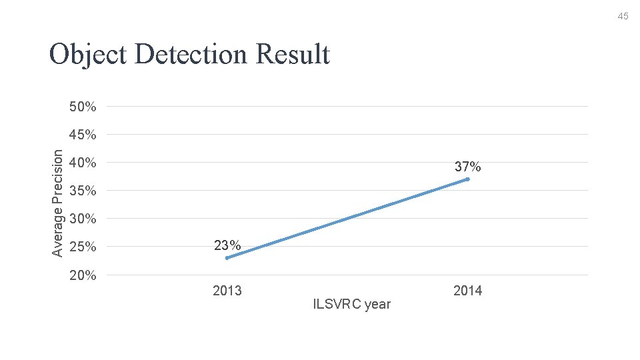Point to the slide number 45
[x=623, y=16]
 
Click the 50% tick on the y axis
[x=83, y=107]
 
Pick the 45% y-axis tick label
[x=83, y=135]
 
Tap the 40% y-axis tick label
[x=83, y=163]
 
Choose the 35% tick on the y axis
[x=83, y=191]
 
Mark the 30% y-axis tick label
[x=83, y=219]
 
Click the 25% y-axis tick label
[x=83, y=247]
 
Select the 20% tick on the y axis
[x=83, y=275]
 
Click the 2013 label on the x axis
[x=227, y=291]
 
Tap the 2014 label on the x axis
[x=467, y=291]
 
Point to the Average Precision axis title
[x=59, y=203]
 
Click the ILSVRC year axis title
[x=351, y=305]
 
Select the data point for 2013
[x=227, y=258]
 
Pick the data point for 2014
[x=468, y=179]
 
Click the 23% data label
[x=227, y=245]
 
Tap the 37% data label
[x=467, y=167]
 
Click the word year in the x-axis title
[x=377, y=305]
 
